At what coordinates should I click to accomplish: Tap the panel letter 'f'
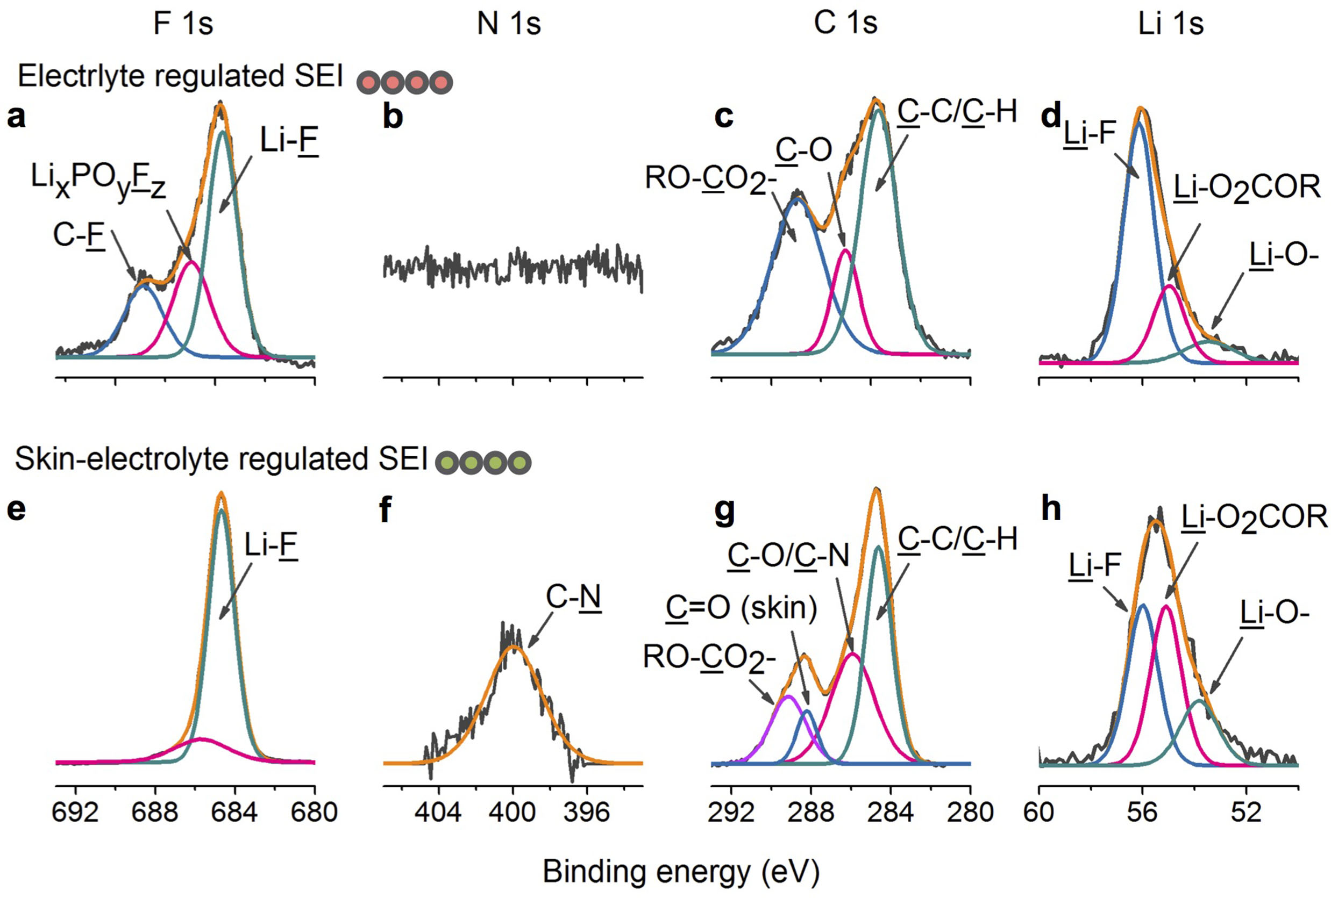(386, 510)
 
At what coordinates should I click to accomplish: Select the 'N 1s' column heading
(509, 25)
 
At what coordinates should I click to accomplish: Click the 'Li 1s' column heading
(1170, 25)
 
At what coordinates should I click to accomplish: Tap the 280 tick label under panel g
(970, 812)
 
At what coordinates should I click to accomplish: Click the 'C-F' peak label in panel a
(79, 235)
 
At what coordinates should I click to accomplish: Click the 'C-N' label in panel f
(573, 598)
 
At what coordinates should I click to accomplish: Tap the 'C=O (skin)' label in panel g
(741, 607)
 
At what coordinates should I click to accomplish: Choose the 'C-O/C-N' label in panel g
(788, 556)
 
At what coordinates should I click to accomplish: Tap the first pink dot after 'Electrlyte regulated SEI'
(368, 82)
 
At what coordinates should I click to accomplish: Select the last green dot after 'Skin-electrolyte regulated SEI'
(519, 463)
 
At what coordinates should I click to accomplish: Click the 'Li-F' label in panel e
(271, 545)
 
